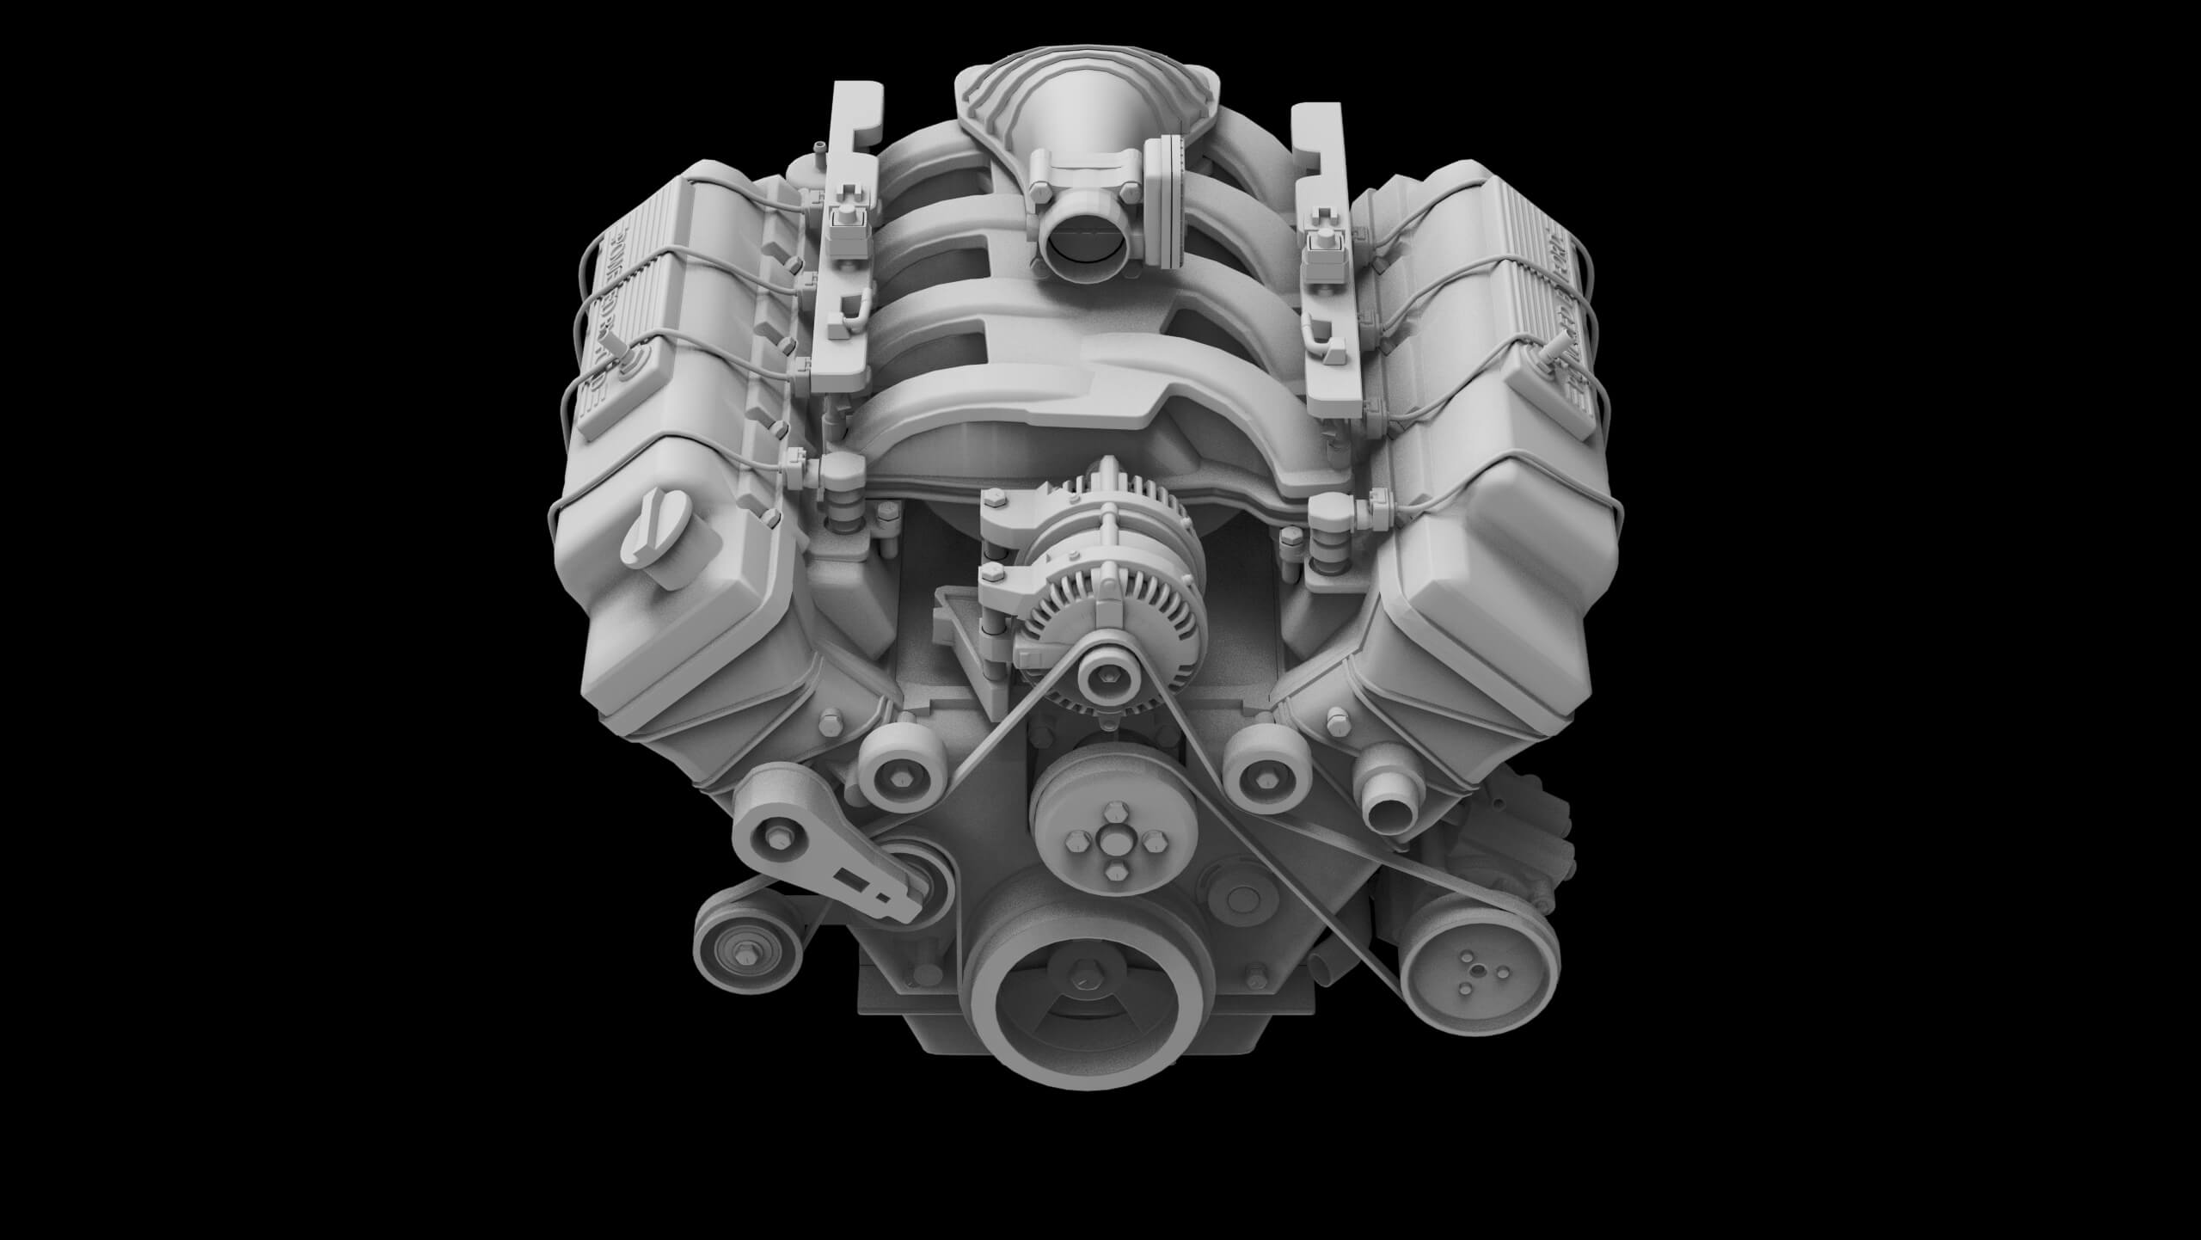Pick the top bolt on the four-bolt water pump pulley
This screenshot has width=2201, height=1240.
click(x=1116, y=813)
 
